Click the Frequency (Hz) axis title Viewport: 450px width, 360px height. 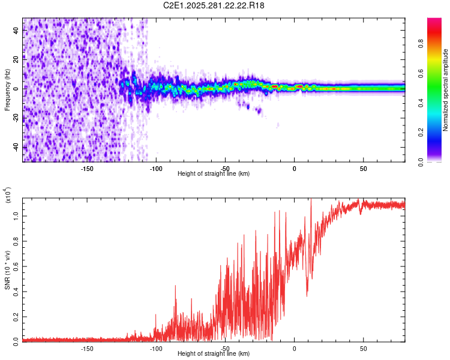(x=7, y=89)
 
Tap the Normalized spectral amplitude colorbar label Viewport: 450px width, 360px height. (x=446, y=90)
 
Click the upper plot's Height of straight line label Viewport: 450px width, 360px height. (x=214, y=173)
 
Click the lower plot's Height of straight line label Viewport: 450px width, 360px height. (x=214, y=353)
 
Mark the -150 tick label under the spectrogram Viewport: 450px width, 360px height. (x=86, y=168)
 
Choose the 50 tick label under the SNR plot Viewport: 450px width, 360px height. (x=363, y=348)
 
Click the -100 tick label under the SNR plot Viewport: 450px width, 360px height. (x=156, y=348)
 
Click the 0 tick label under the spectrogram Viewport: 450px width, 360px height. (x=294, y=168)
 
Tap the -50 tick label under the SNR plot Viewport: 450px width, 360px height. (x=225, y=348)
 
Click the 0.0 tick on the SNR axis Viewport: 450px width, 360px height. (x=16, y=340)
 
